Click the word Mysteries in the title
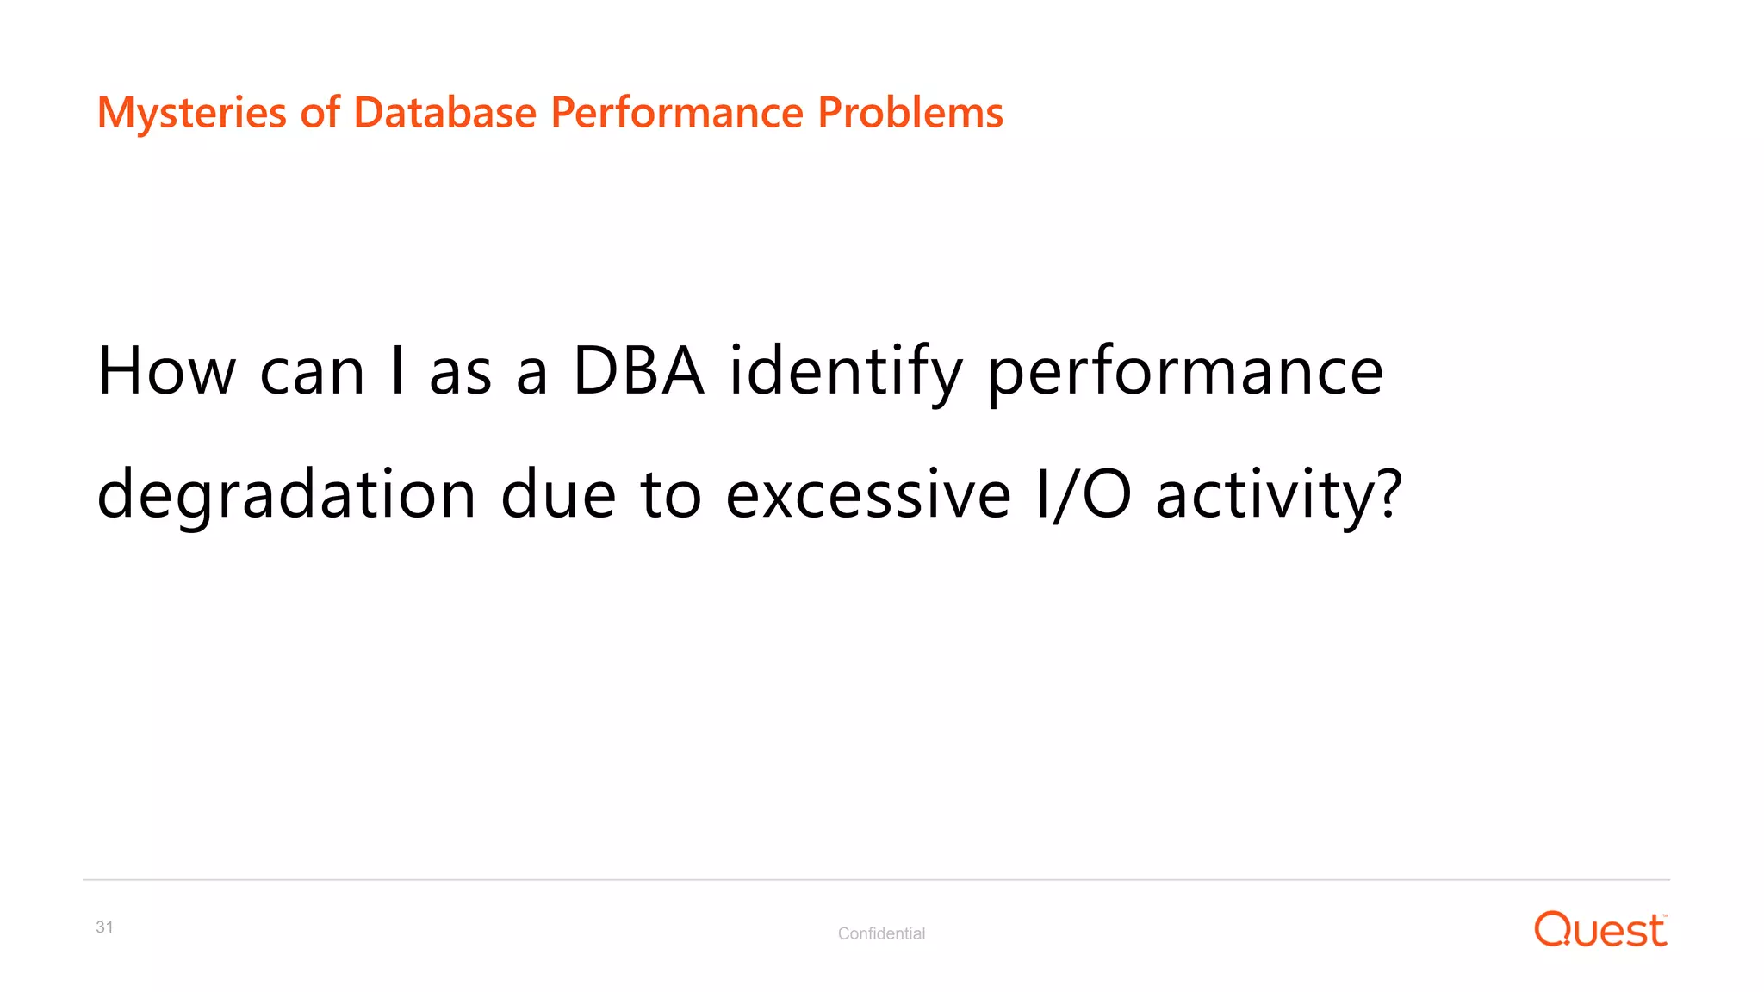tap(191, 113)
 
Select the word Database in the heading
tap(444, 113)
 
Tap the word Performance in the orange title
tap(676, 113)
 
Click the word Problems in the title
tap(910, 113)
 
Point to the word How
tap(166, 371)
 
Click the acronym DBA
tap(638, 371)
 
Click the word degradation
tap(286, 497)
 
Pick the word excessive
tap(868, 495)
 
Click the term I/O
tap(1083, 495)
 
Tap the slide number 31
tap(104, 927)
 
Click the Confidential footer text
tap(881, 933)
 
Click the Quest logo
tap(1600, 930)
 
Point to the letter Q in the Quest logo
tap(1554, 930)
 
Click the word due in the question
tap(558, 495)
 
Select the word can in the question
tap(312, 373)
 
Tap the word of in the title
tap(320, 113)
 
